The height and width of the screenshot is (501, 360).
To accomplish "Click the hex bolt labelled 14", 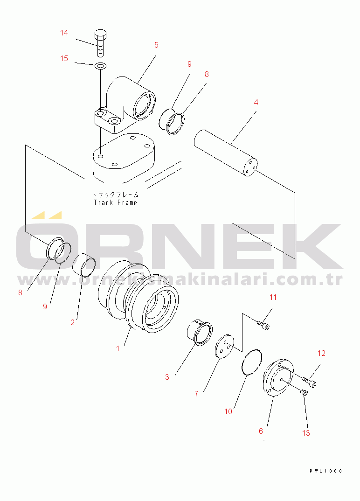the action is (100, 43).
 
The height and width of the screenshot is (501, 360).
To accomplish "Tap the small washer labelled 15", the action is (100, 66).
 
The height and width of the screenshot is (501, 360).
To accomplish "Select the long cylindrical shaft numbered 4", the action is (226, 153).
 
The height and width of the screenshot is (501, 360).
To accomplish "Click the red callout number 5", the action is (156, 45).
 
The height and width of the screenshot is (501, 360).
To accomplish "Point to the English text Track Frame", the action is (115, 202).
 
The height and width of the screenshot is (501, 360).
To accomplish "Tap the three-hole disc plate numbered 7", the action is (225, 346).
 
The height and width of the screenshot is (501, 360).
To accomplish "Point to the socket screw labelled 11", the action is (263, 325).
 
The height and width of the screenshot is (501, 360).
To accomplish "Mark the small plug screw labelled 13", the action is (304, 392).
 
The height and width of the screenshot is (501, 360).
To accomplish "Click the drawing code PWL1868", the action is (325, 471).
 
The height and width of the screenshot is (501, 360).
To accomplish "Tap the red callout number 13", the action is (306, 433).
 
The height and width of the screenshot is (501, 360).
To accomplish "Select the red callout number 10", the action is (228, 411).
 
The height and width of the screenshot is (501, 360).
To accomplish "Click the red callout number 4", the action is (256, 103).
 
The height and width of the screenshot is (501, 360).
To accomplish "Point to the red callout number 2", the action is (72, 323).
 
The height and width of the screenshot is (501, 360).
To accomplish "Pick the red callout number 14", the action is (64, 33).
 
